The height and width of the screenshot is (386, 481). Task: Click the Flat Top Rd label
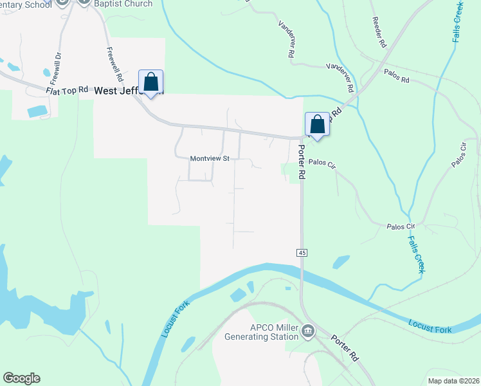tap(67, 91)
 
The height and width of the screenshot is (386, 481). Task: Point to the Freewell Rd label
tap(113, 61)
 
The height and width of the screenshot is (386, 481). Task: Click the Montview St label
tap(210, 158)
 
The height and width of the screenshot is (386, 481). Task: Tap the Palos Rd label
tap(396, 77)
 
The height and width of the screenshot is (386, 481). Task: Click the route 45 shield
tap(302, 253)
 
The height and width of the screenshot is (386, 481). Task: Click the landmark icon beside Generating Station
tap(308, 332)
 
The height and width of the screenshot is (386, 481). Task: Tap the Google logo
tap(21, 378)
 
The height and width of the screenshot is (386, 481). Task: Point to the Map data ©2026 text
tap(453, 381)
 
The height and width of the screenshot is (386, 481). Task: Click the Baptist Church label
tap(123, 4)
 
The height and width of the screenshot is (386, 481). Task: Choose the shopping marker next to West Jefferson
tap(151, 83)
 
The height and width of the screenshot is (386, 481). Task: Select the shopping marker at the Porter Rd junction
tap(317, 123)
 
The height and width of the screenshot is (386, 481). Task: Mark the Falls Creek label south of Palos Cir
tap(416, 253)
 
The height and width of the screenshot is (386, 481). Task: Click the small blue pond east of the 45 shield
tap(341, 261)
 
